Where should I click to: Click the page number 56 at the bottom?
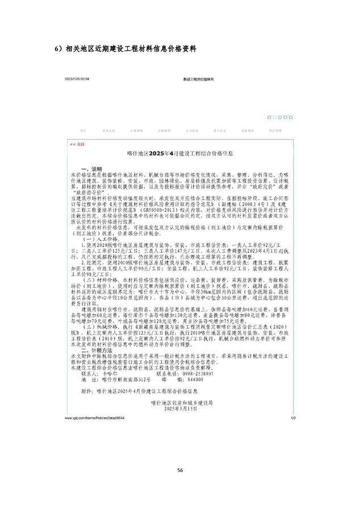tap(180, 470)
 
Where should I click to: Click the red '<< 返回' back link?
tap(77, 144)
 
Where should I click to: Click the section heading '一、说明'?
tap(91, 169)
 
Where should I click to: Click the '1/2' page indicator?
tap(294, 418)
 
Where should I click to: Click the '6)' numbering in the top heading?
tap(58, 49)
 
